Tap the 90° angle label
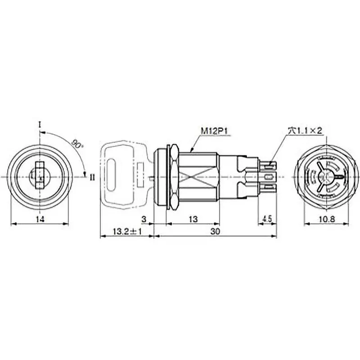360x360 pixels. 76,144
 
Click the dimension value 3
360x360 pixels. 144,219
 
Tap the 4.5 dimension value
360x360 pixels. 266,219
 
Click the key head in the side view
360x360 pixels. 121,173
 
